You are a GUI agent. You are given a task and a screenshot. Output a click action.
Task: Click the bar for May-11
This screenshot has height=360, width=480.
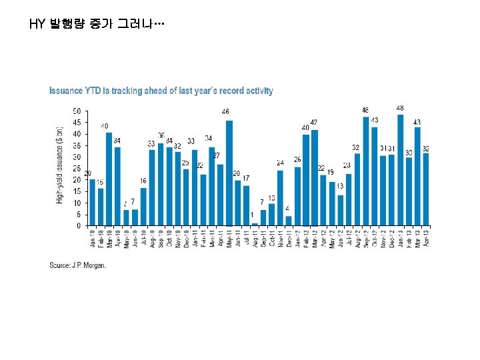pos(229,173)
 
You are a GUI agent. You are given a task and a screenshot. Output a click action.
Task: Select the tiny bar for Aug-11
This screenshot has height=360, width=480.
pos(255,224)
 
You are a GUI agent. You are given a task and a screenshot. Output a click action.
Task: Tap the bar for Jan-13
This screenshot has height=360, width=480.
pos(400,171)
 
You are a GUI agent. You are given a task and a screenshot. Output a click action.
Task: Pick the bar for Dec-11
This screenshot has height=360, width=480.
pos(289,221)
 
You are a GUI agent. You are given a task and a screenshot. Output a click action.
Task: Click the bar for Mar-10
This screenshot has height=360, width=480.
pos(109,179)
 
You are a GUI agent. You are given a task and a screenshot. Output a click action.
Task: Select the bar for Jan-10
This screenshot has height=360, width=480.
pos(92,203)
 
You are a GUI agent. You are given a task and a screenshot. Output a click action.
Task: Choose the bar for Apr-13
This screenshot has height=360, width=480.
pos(425,189)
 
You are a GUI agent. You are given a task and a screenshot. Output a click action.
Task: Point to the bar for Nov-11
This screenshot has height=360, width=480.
pos(280,198)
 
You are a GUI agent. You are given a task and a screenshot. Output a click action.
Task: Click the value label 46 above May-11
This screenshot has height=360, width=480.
pos(226,111)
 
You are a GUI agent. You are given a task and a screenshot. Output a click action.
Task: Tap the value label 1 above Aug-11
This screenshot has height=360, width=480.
pos(252,215)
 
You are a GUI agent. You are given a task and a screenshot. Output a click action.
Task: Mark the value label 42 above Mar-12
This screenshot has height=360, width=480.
pos(313,122)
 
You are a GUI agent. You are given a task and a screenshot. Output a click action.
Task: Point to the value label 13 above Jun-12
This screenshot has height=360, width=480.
pos(340,186)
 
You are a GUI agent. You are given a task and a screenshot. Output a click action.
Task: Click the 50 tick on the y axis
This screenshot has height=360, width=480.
pos(77,111)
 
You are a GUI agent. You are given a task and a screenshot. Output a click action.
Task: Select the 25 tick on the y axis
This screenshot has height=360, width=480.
pos(77,169)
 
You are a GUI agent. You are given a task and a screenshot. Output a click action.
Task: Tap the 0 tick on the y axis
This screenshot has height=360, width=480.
pos(79,226)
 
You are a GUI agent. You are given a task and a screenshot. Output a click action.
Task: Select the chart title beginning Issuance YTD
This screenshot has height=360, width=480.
pos(161,91)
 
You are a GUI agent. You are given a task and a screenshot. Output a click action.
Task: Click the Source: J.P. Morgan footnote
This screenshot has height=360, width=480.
pos(78,265)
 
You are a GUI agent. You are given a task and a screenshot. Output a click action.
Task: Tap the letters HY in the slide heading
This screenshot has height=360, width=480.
pos(37,25)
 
